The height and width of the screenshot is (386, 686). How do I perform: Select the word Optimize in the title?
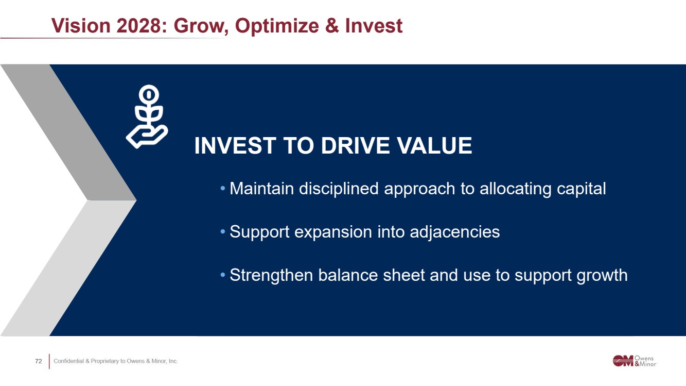(x=277, y=26)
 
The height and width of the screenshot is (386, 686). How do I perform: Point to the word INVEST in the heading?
(x=235, y=145)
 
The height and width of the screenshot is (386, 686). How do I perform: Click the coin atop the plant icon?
(x=149, y=94)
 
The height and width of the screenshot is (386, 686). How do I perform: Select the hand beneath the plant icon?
(x=147, y=137)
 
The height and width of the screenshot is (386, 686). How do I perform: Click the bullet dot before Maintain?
(x=223, y=188)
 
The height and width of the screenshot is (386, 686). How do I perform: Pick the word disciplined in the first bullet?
(x=339, y=189)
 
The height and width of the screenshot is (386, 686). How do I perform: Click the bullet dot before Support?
(x=223, y=231)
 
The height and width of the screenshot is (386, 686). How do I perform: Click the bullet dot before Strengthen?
(x=223, y=275)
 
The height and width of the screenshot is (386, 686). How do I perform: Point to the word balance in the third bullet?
(x=348, y=275)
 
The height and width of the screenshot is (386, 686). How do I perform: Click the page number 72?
(x=39, y=361)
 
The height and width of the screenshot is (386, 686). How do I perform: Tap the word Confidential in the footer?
(x=68, y=361)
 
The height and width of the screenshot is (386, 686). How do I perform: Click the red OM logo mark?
(x=623, y=361)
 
